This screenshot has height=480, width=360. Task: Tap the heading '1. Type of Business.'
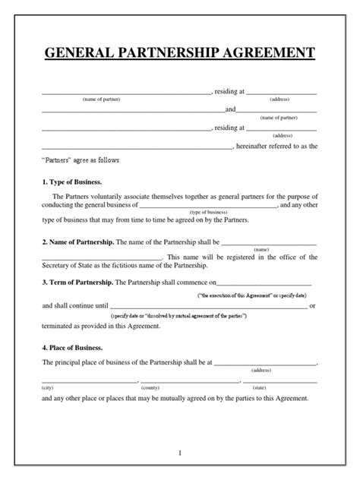pyautogui.click(x=71, y=183)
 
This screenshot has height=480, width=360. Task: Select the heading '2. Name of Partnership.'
pyautogui.click(x=77, y=242)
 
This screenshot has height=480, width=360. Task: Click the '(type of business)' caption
pyautogui.click(x=209, y=212)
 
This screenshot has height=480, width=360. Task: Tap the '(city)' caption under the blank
pyautogui.click(x=48, y=387)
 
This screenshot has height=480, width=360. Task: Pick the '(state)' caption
pyautogui.click(x=260, y=387)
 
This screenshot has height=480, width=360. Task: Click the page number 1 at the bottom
pyautogui.click(x=180, y=453)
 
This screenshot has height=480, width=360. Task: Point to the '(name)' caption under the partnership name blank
pyautogui.click(x=261, y=249)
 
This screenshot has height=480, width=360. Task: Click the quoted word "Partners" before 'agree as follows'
pyautogui.click(x=55, y=161)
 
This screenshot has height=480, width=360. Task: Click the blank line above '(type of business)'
pyautogui.click(x=208, y=206)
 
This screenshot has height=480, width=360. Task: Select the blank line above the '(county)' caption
pyautogui.click(x=189, y=381)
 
